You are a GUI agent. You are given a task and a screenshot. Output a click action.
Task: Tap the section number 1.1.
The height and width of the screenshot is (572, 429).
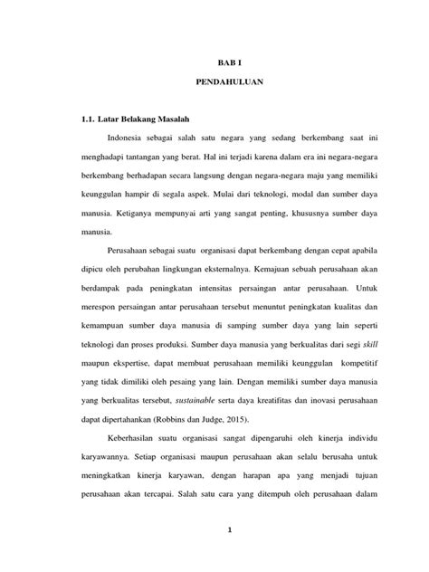90,119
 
